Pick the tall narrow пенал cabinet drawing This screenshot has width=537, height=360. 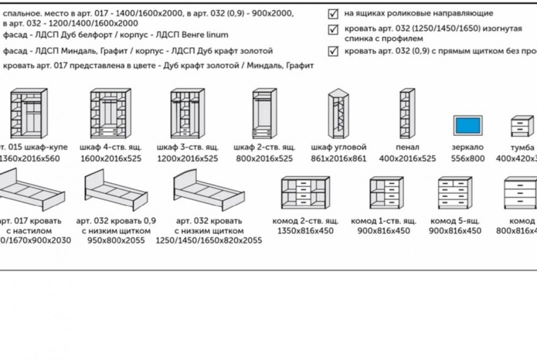pos(407,114)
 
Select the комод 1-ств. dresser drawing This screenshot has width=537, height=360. pos(386,192)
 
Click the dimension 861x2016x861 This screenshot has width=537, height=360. pos(338,159)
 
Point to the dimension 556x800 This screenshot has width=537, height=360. pos(468,159)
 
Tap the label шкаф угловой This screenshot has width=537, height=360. pos(338,147)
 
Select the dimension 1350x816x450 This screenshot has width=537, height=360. pos(305,231)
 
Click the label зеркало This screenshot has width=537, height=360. pos(468,147)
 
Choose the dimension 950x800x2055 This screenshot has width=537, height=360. pos(117,241)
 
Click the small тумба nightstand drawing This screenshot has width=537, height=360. pos(522,127)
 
